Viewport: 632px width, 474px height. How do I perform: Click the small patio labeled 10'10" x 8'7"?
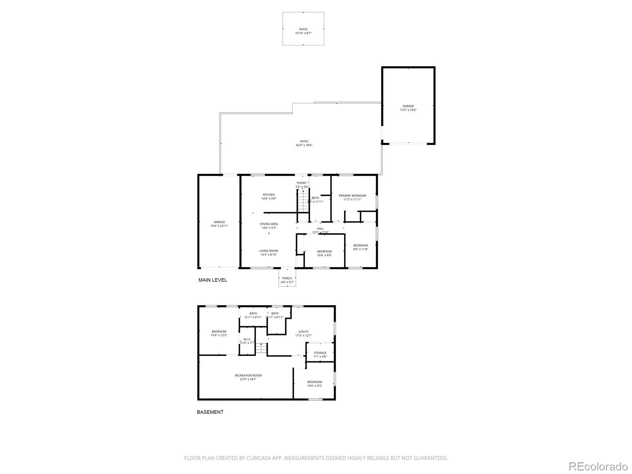click(x=303, y=31)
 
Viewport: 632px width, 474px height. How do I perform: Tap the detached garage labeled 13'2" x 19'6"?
click(x=408, y=108)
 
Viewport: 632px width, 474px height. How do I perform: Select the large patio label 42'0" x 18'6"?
click(x=304, y=143)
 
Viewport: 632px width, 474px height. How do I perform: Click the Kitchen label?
click(x=269, y=196)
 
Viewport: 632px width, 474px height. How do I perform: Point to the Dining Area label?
click(x=269, y=226)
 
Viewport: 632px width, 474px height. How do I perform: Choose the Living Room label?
click(x=269, y=252)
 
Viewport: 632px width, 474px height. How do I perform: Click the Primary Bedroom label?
click(x=352, y=197)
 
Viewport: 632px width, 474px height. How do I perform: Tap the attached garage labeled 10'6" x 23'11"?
click(x=219, y=224)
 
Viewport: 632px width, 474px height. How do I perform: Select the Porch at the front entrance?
click(x=287, y=280)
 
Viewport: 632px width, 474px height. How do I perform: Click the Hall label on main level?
click(x=320, y=230)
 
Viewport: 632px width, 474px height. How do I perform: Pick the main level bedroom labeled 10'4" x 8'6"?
click(x=324, y=253)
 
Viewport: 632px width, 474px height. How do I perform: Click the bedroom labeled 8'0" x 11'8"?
click(x=360, y=247)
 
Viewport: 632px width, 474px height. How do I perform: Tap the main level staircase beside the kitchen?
click(x=303, y=201)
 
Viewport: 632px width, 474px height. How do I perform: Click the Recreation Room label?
click(x=248, y=377)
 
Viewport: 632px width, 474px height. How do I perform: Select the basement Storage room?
click(x=320, y=354)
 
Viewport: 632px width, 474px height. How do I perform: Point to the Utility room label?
click(x=303, y=333)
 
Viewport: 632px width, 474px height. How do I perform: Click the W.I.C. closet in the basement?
click(x=247, y=341)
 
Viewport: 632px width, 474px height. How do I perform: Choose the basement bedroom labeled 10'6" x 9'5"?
click(x=314, y=384)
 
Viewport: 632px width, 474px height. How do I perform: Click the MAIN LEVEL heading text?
click(x=213, y=280)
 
